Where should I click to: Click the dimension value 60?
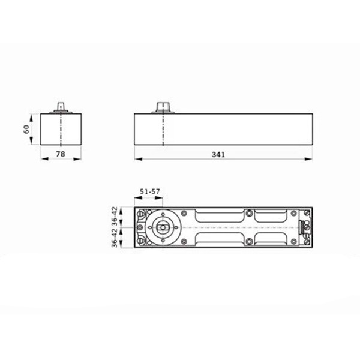click(x=26, y=129)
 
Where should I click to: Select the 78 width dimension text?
click(x=61, y=154)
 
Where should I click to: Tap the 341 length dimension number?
click(x=218, y=155)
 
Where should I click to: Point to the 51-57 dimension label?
click(x=149, y=191)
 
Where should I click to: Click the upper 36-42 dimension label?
click(x=115, y=215)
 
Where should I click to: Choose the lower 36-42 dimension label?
click(x=115, y=238)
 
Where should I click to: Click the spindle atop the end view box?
click(x=61, y=107)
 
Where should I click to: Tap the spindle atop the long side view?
click(x=163, y=107)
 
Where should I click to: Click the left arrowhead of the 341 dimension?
click(x=139, y=159)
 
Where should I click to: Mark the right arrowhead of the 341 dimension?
click(x=308, y=159)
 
